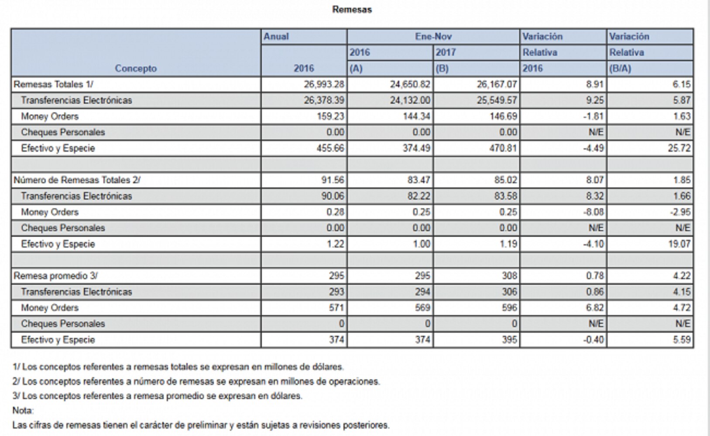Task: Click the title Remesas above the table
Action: (352, 10)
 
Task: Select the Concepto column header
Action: (136, 68)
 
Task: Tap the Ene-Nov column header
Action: (433, 37)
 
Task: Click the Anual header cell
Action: (276, 37)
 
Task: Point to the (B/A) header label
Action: (620, 68)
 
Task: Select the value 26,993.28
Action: (323, 84)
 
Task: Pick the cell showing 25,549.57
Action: (496, 100)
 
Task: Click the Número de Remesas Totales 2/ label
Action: (77, 180)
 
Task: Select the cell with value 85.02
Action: (505, 180)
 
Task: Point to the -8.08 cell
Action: (593, 212)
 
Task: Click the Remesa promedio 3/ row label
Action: (55, 276)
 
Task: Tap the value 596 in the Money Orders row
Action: (509, 308)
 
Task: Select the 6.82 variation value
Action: (595, 308)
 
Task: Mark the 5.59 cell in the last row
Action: (681, 340)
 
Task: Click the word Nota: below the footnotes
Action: (23, 411)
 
